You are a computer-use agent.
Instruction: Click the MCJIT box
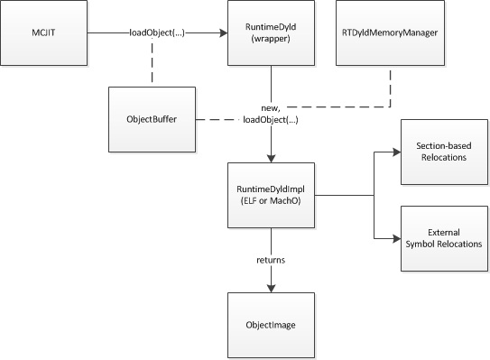(x=52, y=33)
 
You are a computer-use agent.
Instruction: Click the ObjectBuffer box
(x=151, y=119)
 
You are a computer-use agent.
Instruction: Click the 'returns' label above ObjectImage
(x=272, y=260)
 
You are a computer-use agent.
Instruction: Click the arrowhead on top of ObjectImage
(x=271, y=288)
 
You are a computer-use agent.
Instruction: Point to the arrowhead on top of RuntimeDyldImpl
(x=271, y=159)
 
